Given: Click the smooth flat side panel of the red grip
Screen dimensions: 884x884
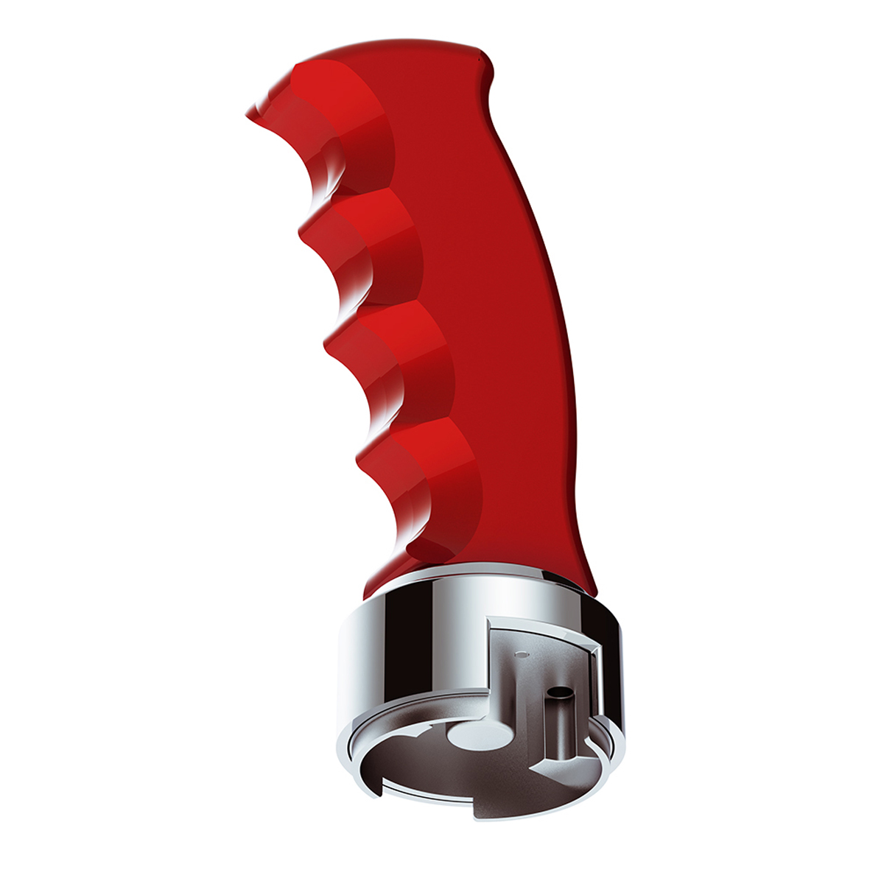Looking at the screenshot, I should (x=501, y=331).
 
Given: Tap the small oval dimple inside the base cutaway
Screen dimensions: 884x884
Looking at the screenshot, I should (x=522, y=653).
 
